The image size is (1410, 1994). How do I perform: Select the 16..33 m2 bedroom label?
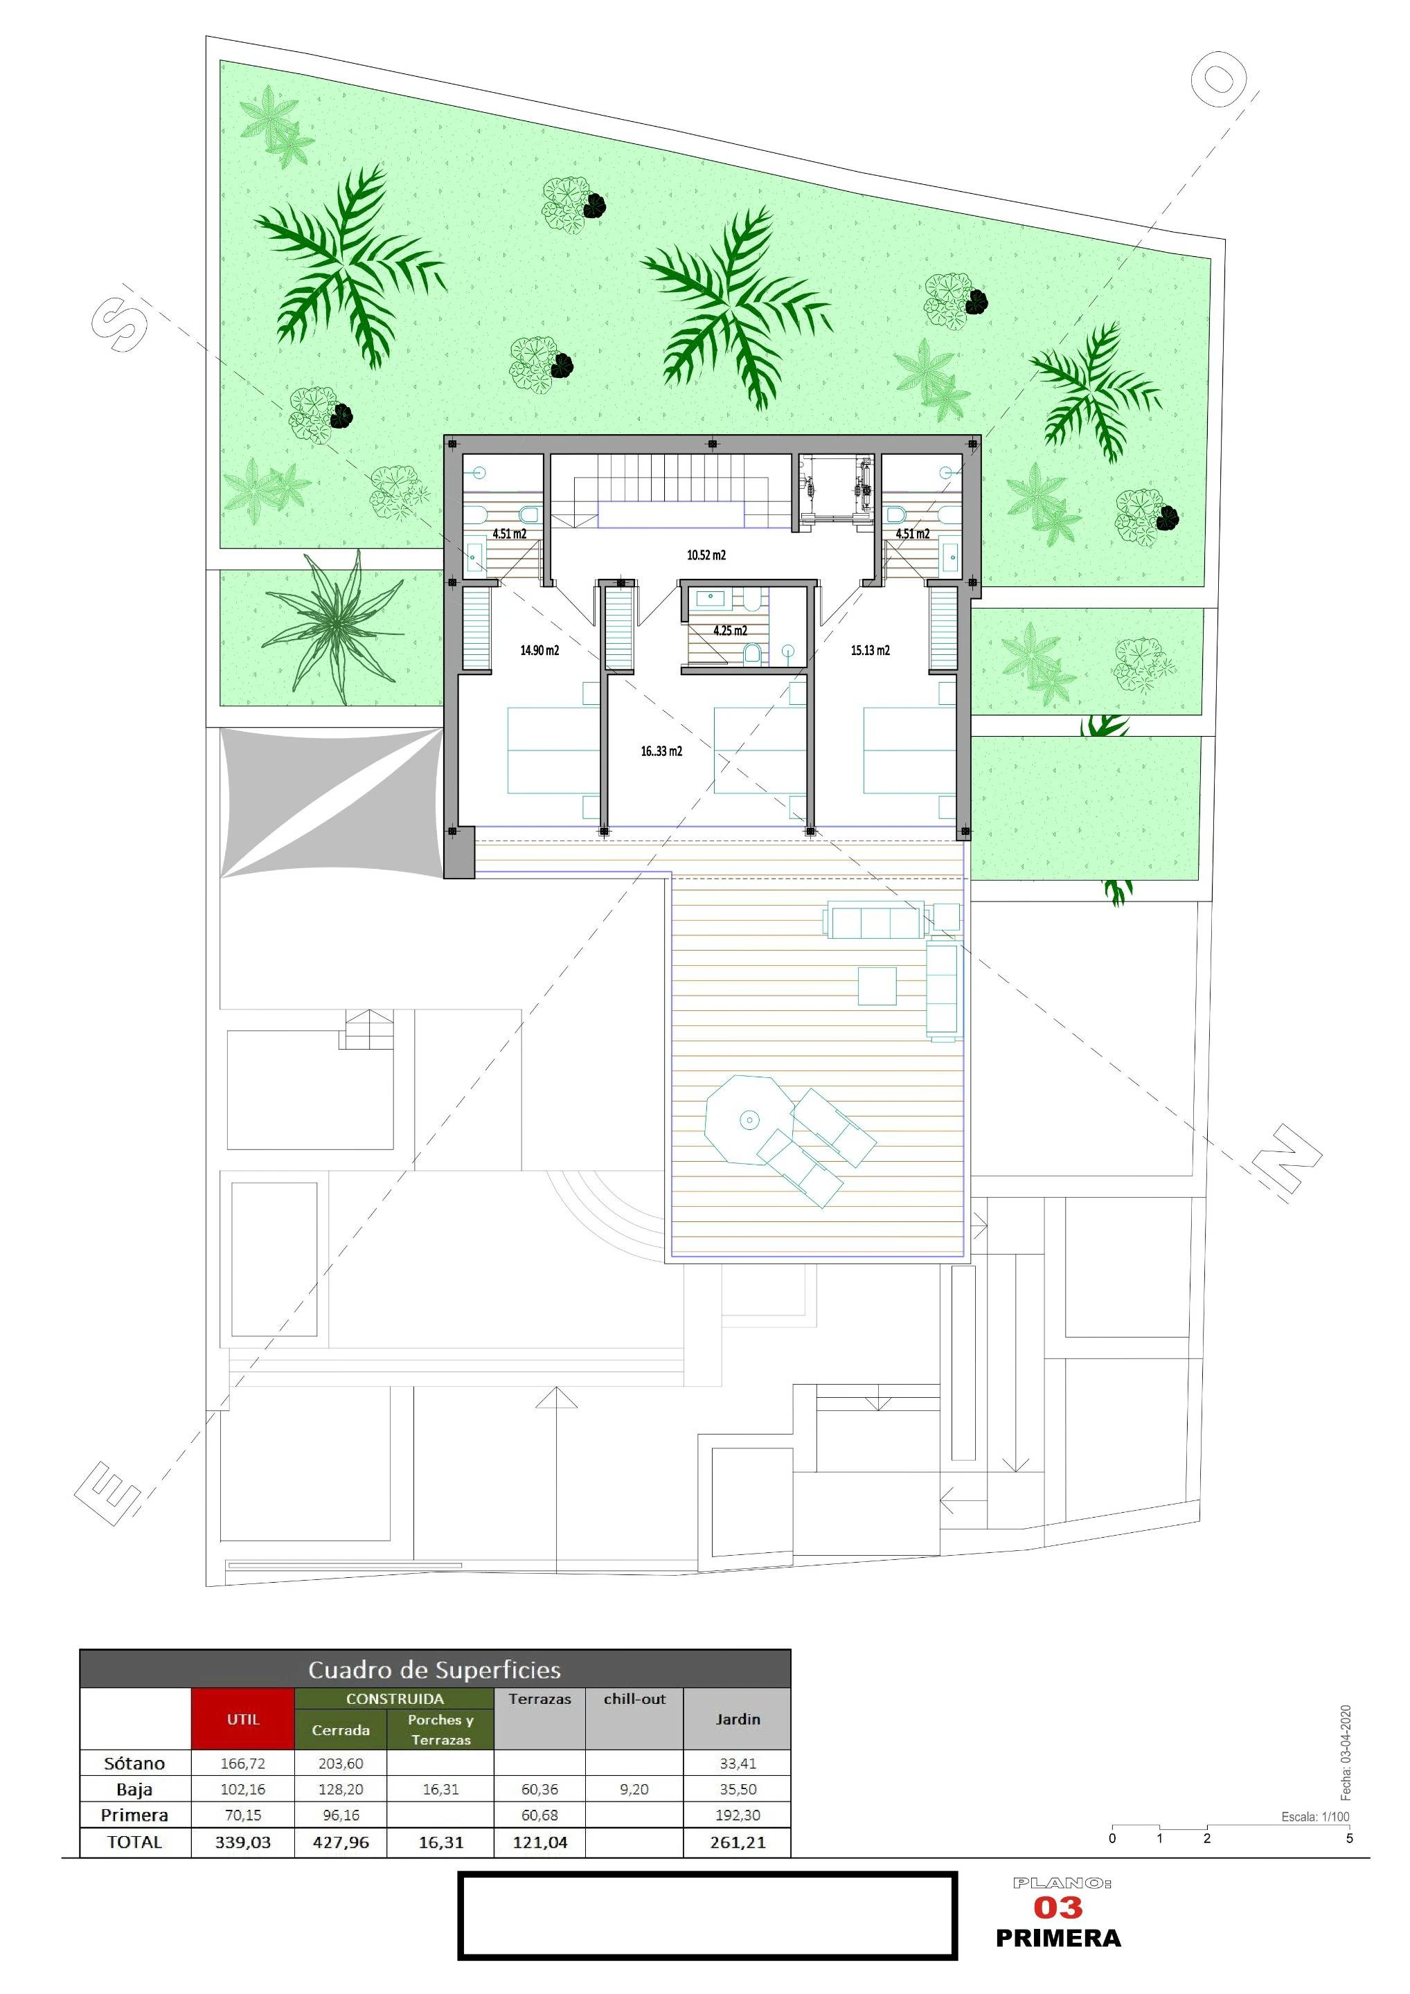pos(661,751)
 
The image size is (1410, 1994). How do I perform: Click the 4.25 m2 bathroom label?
pos(730,631)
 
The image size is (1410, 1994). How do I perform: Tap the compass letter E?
pos(108,1493)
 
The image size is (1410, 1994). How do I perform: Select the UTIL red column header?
pos(243,1718)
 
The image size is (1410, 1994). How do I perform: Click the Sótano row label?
pos(134,1763)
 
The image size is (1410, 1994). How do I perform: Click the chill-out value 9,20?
pos(634,1789)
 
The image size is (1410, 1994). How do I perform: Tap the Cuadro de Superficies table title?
pos(434,1669)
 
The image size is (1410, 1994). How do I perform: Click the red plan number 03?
pos(1057,1907)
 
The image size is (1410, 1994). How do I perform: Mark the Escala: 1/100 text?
pos(1315,1816)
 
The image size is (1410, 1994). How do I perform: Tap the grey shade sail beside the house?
pos(331,802)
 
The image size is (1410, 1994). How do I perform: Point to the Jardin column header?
pos(738,1718)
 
